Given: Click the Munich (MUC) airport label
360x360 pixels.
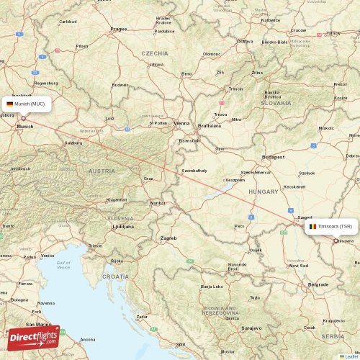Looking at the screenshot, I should [x=27, y=104].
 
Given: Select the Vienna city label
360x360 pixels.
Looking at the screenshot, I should [x=181, y=123].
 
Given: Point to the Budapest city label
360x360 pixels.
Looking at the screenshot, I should [x=274, y=156].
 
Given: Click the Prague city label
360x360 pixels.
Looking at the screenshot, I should [x=119, y=29].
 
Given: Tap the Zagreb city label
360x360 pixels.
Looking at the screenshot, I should [x=168, y=238].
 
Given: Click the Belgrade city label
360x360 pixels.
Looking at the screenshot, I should [x=318, y=284].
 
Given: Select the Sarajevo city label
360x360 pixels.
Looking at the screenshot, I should [x=251, y=328].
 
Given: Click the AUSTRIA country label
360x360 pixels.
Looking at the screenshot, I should [x=102, y=171].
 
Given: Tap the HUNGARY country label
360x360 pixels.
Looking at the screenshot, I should [x=264, y=192].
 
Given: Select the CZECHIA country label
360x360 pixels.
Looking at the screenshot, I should [x=155, y=53].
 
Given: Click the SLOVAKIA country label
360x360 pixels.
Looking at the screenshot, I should [x=276, y=103].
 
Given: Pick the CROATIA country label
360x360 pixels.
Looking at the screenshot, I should [x=115, y=276].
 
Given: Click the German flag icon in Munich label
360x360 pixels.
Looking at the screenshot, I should [x=9, y=104].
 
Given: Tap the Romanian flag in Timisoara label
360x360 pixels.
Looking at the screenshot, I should [x=312, y=226].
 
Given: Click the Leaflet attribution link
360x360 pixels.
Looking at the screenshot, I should [x=348, y=356].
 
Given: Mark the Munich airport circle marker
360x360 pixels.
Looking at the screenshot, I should [x=23, y=119].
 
